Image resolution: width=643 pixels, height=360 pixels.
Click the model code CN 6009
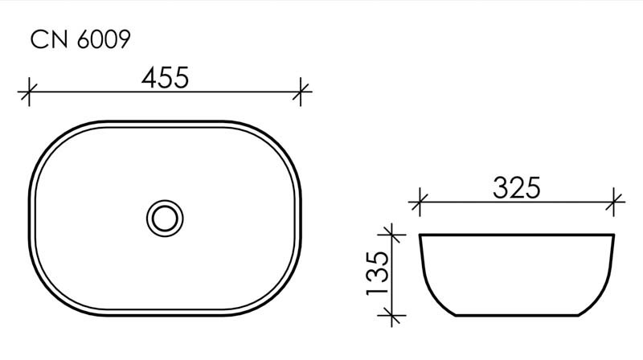coord(80,41)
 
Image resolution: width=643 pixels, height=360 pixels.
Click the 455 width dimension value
coord(165,78)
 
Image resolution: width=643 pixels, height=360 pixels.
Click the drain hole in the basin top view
coord(165,217)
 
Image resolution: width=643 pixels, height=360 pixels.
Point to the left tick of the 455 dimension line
coord(30,92)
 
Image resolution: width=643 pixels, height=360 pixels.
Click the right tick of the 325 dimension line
coord(615,202)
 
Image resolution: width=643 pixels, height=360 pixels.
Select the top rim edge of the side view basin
coord(517,235)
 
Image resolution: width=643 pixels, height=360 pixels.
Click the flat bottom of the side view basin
coord(517,314)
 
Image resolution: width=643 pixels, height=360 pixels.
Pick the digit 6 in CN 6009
coord(84,41)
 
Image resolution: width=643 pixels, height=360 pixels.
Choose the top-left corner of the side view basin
coord(421,235)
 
